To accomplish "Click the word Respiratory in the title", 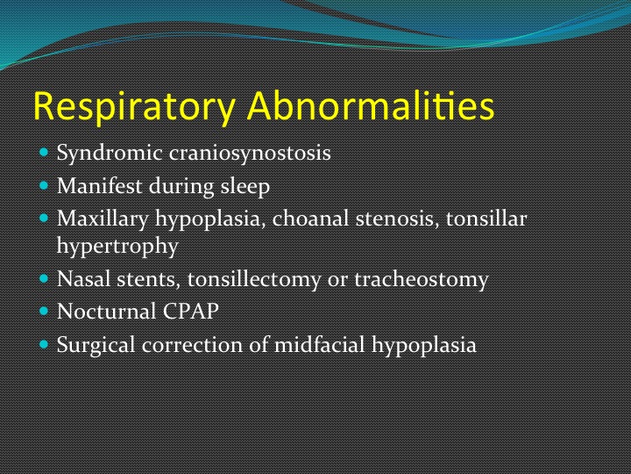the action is (x=134, y=106).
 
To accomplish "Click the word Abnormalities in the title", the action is (x=371, y=105).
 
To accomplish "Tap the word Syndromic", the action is (x=110, y=154).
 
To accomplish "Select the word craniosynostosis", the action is (x=250, y=154).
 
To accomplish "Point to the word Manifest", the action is (x=99, y=186).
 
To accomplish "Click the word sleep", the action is (x=245, y=187).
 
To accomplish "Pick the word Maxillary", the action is (x=103, y=219).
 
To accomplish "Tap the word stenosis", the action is (x=397, y=219).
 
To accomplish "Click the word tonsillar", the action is (x=486, y=219).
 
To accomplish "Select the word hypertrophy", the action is (x=117, y=247).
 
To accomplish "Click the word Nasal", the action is (x=84, y=278).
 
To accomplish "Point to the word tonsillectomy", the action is (x=254, y=280).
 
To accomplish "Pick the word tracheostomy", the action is (x=422, y=280).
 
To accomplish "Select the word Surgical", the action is (x=96, y=346).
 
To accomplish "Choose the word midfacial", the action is (x=320, y=345).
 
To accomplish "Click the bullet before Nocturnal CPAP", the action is (x=44, y=311).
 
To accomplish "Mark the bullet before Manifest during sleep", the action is (x=44, y=186).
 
